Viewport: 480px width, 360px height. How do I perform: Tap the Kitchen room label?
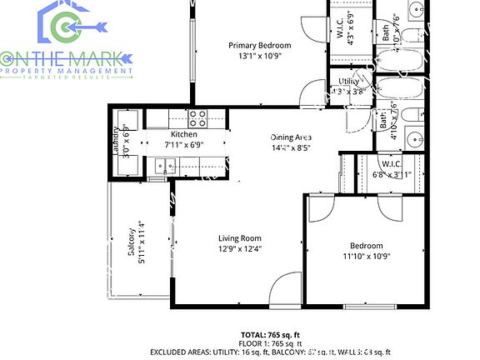pyautogui.click(x=183, y=134)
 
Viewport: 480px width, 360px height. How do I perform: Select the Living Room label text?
pyautogui.click(x=240, y=238)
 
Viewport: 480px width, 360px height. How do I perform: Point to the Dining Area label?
pyautogui.click(x=291, y=137)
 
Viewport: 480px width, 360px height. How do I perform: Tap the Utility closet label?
pyautogui.click(x=348, y=81)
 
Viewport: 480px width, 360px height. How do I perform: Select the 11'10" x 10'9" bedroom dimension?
pyautogui.click(x=366, y=257)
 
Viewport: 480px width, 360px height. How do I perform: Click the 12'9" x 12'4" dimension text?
pyautogui.click(x=240, y=249)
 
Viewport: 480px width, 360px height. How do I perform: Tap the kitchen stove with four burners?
pyautogui.click(x=197, y=117)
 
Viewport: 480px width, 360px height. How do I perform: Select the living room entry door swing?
pyautogui.click(x=286, y=289)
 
